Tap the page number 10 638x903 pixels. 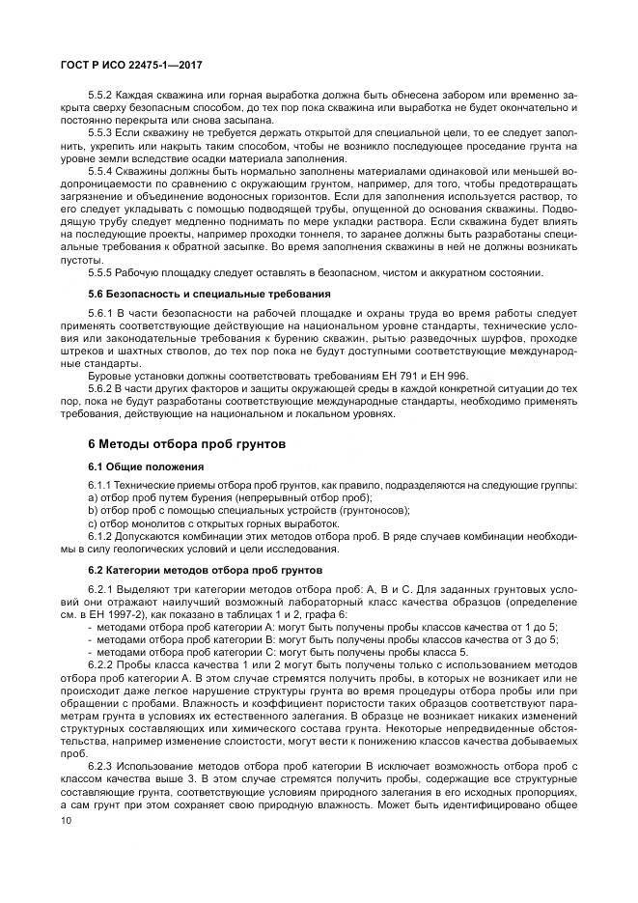66,820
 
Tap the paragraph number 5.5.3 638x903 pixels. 100,131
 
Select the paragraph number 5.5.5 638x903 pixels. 100,273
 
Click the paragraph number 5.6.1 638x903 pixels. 100,313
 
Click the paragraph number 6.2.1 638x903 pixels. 100,589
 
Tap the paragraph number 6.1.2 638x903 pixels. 100,535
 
